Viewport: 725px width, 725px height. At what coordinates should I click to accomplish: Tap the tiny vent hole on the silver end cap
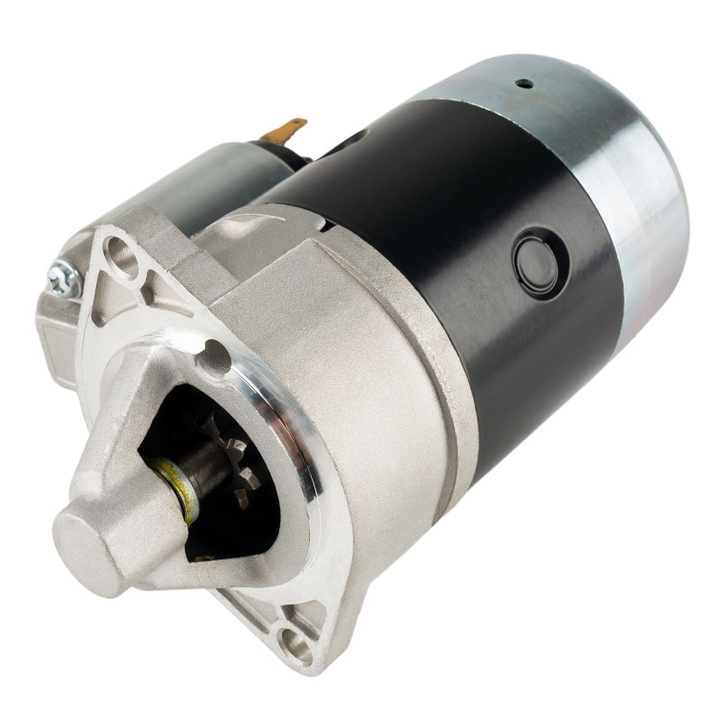coord(523,83)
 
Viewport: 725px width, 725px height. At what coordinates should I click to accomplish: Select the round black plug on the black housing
coord(536,261)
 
